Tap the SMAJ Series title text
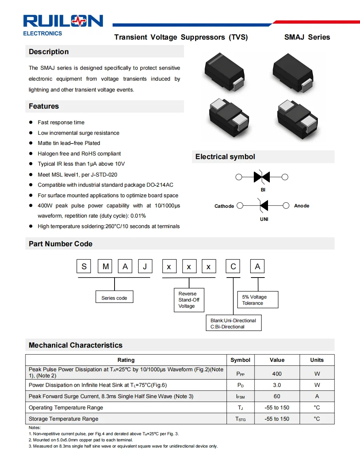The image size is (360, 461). coord(307,37)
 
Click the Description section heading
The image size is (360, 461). coord(49,52)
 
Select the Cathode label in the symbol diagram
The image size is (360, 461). coord(224,206)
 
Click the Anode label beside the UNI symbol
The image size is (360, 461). coord(301,206)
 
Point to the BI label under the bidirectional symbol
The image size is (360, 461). coord(263,190)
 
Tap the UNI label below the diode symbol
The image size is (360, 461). coord(264,219)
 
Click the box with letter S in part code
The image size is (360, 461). coord(84,266)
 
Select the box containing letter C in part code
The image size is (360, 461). coord(233,266)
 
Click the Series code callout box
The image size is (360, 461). coord(114,297)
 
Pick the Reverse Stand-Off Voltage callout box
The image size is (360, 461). coord(189,300)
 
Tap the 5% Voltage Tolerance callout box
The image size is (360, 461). coord(257,300)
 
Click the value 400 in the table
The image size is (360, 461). coord(277,373)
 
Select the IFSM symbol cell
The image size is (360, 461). coord(240,396)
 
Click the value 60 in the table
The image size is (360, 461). coord(277,396)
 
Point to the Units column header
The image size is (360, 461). coord(317,360)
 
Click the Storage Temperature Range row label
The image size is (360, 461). coord(64,419)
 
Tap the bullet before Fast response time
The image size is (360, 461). coord(31,122)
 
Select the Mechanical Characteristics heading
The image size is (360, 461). coord(76,345)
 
